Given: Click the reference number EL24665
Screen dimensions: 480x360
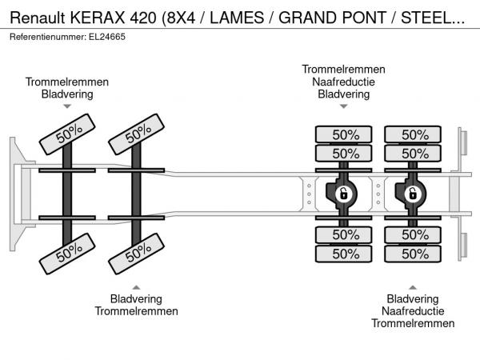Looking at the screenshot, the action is click(x=107, y=37).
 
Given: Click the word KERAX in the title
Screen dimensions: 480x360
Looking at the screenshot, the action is click(x=98, y=18).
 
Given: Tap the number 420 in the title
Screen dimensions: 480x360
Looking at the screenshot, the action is click(x=143, y=18).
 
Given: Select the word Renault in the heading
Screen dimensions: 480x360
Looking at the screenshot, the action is click(x=38, y=18).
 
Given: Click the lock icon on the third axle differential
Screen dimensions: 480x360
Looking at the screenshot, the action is click(x=344, y=194).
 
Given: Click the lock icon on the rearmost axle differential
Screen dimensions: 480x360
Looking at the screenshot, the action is click(x=413, y=194).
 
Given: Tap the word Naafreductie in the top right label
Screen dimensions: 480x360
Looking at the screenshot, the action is click(x=343, y=82).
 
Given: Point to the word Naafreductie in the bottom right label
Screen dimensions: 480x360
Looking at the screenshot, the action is click(x=413, y=311).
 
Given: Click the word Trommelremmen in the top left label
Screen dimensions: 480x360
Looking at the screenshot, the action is click(x=67, y=82).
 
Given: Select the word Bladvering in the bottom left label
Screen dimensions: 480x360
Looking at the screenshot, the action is click(x=136, y=298).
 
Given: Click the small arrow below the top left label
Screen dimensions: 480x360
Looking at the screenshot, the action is click(x=67, y=106).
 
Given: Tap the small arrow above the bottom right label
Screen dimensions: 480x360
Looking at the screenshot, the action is click(x=413, y=287).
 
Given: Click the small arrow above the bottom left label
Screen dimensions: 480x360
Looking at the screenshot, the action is click(x=136, y=287).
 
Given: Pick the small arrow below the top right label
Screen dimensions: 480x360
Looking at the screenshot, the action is click(x=344, y=106).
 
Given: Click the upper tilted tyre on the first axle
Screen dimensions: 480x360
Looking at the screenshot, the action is click(x=67, y=134).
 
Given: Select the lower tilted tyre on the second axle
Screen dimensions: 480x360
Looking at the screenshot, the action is click(x=136, y=254).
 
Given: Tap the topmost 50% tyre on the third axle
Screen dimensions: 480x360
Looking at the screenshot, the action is click(x=344, y=134).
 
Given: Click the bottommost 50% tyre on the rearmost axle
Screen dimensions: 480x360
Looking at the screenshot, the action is click(x=413, y=254).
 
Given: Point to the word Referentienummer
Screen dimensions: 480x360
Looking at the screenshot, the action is click(x=48, y=37).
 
